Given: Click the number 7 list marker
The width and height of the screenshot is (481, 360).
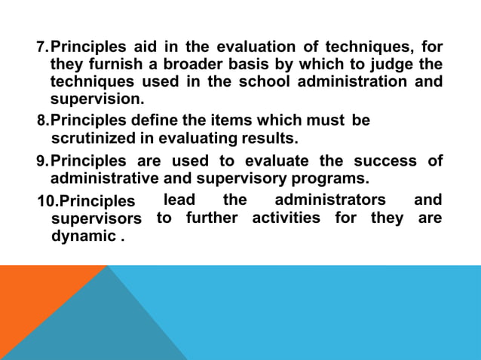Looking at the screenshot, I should pyautogui.click(x=42, y=48).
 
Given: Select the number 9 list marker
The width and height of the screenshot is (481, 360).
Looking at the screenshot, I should pyautogui.click(x=42, y=161).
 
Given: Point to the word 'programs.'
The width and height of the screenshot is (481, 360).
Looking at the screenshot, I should pyautogui.click(x=331, y=178).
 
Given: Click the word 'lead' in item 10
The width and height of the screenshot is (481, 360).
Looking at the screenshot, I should pyautogui.click(x=179, y=200).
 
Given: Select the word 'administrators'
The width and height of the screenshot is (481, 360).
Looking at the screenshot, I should pyautogui.click(x=330, y=200).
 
